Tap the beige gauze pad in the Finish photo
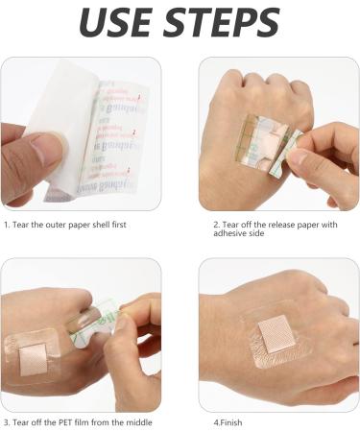279,337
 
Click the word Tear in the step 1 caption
23,225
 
